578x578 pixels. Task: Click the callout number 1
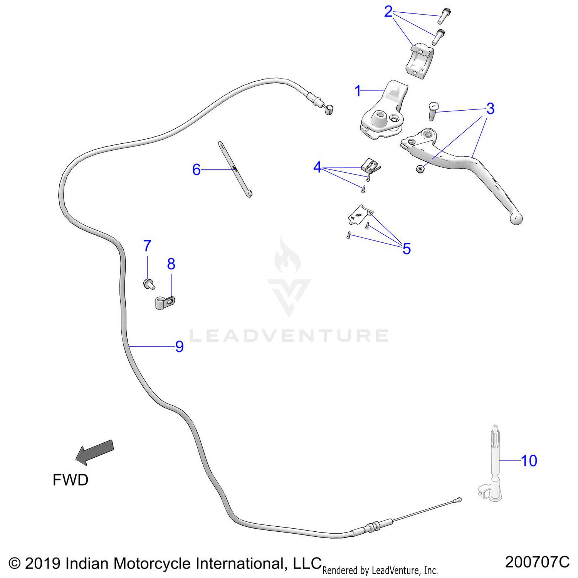(x=358, y=91)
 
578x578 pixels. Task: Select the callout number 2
(x=388, y=12)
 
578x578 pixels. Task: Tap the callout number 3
(x=490, y=109)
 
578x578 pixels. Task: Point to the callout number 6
(x=197, y=170)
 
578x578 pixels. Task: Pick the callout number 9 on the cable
(x=180, y=346)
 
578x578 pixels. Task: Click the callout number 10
(x=529, y=460)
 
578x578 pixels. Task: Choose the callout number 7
(x=147, y=245)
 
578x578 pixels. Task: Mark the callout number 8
(x=171, y=264)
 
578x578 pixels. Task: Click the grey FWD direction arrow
(x=95, y=452)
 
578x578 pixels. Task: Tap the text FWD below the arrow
(x=71, y=480)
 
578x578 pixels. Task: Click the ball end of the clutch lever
(x=516, y=218)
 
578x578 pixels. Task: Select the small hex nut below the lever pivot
(x=420, y=168)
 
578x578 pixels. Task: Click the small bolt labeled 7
(x=149, y=284)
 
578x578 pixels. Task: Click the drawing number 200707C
(x=537, y=562)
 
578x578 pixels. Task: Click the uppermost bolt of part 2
(x=445, y=15)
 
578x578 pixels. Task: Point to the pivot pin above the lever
(x=433, y=111)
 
